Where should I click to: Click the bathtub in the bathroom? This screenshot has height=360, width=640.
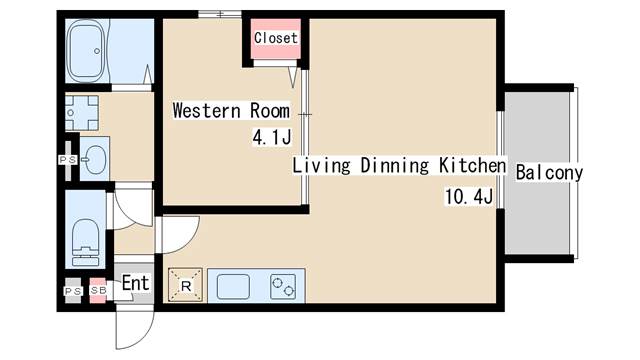tap(86, 51)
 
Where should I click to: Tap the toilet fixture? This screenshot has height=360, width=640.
tap(85, 242)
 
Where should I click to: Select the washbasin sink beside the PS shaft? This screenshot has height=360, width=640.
tap(95, 158)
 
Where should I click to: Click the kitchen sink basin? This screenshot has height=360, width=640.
tap(233, 286)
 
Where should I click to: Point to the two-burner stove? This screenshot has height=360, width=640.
tap(282, 286)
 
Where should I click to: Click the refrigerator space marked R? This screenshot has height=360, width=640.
tap(185, 285)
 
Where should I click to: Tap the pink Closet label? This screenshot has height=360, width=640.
tap(276, 38)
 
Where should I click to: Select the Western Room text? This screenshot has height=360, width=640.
tap(231, 111)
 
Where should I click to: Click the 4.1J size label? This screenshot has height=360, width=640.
tap(272, 138)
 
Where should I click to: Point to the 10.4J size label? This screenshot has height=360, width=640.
tap(469, 197)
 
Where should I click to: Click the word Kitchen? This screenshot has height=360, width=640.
tap(473, 165)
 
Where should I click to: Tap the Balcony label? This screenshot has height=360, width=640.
tap(549, 173)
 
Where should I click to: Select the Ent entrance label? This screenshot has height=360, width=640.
tap(136, 283)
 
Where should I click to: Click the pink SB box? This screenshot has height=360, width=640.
tap(98, 290)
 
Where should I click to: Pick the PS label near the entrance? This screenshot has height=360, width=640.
tap(73, 291)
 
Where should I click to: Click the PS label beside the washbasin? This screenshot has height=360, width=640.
tap(67, 160)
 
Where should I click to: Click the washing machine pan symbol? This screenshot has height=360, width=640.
tap(82, 113)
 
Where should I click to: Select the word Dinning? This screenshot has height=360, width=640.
tap(395, 165)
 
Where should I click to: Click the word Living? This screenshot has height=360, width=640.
tap(322, 165)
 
